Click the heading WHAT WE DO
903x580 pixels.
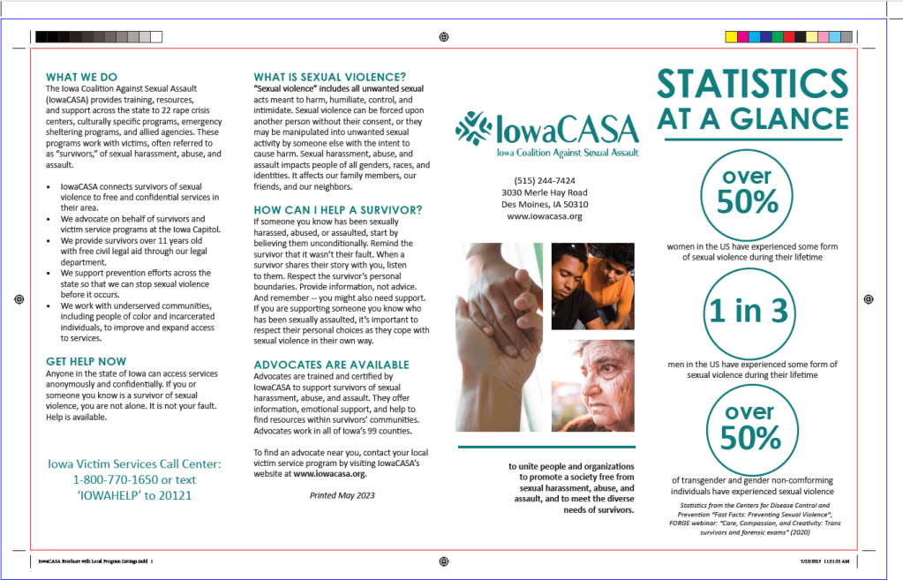click(x=81, y=77)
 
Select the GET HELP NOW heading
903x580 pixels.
click(x=87, y=361)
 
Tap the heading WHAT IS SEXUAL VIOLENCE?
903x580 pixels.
click(x=330, y=77)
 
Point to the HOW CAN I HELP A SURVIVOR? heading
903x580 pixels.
click(x=338, y=209)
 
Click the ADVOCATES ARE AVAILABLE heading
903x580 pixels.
click(x=331, y=365)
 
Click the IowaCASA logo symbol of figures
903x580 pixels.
click(x=473, y=129)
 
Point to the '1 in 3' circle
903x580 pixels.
click(x=748, y=311)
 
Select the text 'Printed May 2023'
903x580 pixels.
click(x=342, y=495)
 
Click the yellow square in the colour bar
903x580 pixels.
click(x=730, y=36)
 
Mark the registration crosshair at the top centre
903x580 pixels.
click(x=443, y=36)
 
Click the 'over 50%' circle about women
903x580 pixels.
click(x=748, y=192)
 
